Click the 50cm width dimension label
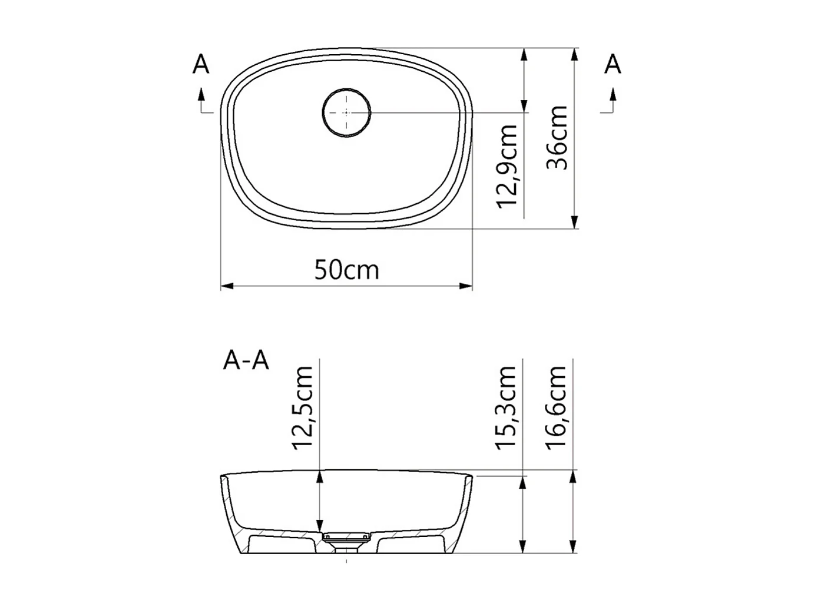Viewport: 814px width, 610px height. (346, 270)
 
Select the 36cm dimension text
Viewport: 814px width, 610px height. (557, 138)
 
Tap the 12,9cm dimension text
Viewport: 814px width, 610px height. (507, 166)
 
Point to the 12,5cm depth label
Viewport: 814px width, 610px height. (305, 407)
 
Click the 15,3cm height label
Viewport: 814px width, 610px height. (507, 407)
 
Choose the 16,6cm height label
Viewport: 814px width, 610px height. (557, 407)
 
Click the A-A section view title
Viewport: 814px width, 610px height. (246, 360)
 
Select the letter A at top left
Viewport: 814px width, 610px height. (201, 64)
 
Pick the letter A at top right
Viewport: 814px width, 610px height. (613, 64)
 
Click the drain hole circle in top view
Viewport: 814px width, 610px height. (346, 112)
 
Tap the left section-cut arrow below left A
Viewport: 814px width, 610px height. (201, 100)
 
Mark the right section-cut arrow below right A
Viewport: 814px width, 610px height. (613, 100)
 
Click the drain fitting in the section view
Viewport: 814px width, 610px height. (346, 538)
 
